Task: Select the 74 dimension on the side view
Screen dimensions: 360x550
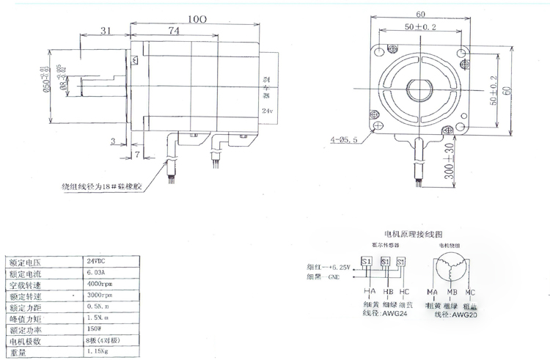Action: tap(174, 31)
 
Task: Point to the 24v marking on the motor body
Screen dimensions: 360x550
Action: tap(268, 111)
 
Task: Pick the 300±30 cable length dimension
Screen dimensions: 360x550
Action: tap(447, 165)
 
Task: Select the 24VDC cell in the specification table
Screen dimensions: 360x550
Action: tap(101, 261)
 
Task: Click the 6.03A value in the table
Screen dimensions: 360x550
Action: tap(100, 273)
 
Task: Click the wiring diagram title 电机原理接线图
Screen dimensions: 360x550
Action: tap(412, 235)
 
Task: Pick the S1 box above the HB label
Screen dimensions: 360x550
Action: tap(384, 261)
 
